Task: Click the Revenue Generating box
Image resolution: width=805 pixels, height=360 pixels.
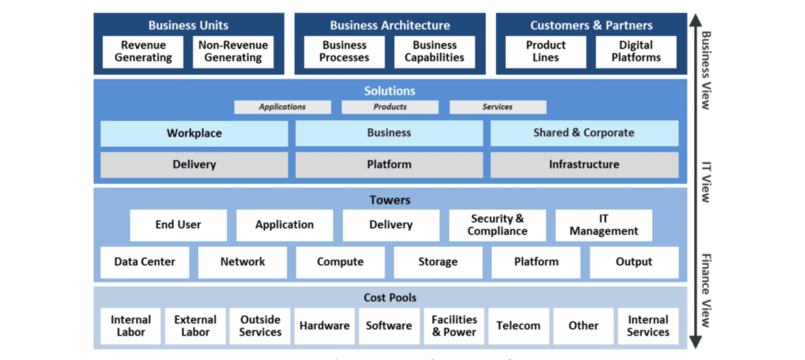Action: (144, 52)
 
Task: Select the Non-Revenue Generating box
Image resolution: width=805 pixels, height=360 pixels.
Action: (233, 52)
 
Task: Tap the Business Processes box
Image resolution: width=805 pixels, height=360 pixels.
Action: (345, 52)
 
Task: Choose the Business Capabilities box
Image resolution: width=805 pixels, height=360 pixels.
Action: (435, 52)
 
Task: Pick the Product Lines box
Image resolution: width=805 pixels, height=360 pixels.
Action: (546, 52)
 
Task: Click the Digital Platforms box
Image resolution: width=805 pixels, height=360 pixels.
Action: (635, 52)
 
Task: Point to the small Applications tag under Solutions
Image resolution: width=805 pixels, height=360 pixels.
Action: (283, 107)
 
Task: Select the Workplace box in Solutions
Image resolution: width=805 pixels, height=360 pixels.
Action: (194, 133)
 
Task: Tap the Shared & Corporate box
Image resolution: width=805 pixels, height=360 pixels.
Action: (584, 133)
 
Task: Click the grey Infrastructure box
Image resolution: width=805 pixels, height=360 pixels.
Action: (584, 165)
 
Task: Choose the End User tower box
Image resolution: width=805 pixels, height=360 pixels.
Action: (178, 225)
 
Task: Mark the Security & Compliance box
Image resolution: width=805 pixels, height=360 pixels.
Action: (497, 225)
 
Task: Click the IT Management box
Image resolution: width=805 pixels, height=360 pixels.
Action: (604, 225)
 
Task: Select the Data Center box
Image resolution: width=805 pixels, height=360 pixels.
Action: (145, 262)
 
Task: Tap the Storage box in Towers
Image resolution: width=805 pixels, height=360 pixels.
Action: (438, 262)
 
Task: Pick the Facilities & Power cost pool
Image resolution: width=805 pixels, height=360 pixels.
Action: (454, 326)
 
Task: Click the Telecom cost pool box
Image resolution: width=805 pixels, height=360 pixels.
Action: (519, 326)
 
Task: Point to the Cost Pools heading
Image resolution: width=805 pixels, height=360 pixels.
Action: (390, 298)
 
